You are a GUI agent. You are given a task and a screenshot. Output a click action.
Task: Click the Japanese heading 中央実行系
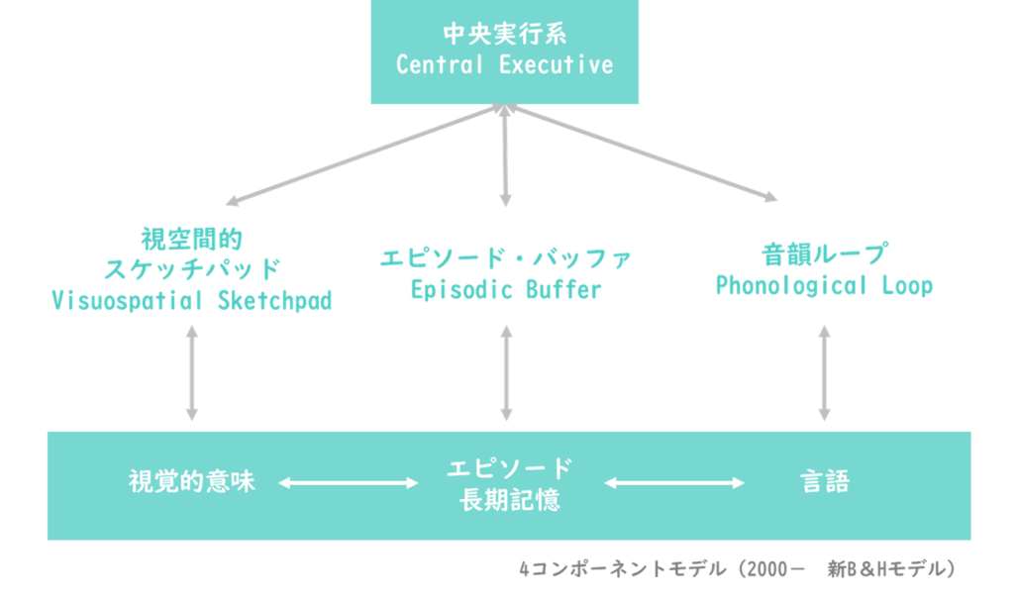pyautogui.click(x=504, y=35)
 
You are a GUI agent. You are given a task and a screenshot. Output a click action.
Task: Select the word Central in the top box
pyautogui.click(x=439, y=64)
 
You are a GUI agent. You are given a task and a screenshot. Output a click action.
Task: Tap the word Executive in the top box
pyautogui.click(x=557, y=64)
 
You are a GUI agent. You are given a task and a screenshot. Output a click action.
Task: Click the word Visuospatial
pyautogui.click(x=127, y=301)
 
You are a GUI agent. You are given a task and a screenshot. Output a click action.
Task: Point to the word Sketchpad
pyautogui.click(x=275, y=301)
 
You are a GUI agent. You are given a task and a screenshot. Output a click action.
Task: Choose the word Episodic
pyautogui.click(x=459, y=290)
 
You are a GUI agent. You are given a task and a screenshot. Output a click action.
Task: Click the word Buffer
pyautogui.click(x=563, y=290)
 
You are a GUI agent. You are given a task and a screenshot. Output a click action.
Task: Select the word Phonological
pyautogui.click(x=791, y=286)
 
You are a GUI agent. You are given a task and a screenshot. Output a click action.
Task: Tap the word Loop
pyautogui.click(x=907, y=286)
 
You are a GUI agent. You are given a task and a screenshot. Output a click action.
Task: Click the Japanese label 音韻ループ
pyautogui.click(x=825, y=254)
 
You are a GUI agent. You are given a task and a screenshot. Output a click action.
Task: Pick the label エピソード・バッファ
pyautogui.click(x=506, y=258)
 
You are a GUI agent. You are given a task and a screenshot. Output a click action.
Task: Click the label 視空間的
pyautogui.click(x=192, y=240)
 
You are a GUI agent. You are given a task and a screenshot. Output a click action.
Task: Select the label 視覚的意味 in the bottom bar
pyautogui.click(x=192, y=482)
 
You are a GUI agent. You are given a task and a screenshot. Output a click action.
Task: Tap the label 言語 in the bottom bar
pyautogui.click(x=825, y=482)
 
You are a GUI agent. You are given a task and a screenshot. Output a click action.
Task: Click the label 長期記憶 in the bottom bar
pyautogui.click(x=510, y=500)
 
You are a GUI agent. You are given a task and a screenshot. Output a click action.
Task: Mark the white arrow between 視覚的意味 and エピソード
pyautogui.click(x=349, y=482)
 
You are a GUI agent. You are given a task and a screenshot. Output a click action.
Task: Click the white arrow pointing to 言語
pyautogui.click(x=674, y=482)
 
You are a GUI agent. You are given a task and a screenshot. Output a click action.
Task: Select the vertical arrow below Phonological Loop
pyautogui.click(x=825, y=373)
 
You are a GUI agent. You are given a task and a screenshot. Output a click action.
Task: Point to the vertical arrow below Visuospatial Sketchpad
pyautogui.click(x=192, y=373)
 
